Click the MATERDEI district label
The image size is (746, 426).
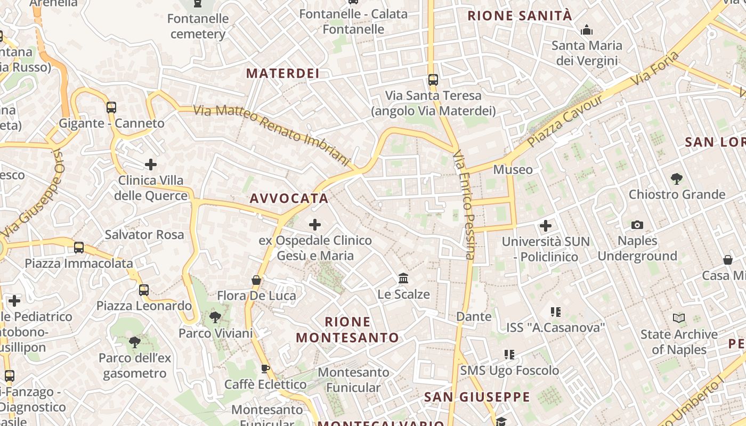coord(282,73)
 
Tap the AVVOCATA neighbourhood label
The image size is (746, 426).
coord(289,199)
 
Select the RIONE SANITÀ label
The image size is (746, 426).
coord(520,16)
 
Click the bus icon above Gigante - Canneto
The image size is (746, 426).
coord(111,108)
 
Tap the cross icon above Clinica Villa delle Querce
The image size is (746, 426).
coord(151,165)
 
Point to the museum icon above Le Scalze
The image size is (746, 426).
coord(403,278)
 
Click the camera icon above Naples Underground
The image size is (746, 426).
coord(637,225)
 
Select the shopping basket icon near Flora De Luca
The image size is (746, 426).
coord(256,280)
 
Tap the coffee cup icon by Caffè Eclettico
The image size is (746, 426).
coord(265,369)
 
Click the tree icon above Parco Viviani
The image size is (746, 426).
coord(215,318)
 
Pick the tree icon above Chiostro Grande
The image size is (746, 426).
coord(677,179)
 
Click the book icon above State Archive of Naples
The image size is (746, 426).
coord(679,318)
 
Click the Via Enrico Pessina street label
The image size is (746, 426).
coord(464,205)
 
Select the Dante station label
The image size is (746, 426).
coord(474,317)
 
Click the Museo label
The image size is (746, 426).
coord(513,170)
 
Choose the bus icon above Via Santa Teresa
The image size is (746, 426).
coord(433,80)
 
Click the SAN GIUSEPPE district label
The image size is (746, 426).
coord(477,397)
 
